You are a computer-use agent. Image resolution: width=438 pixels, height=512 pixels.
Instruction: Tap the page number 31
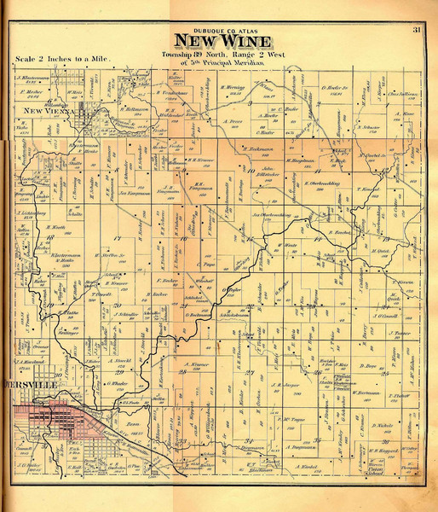point(417,32)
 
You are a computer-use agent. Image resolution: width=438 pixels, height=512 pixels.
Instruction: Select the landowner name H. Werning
point(234,88)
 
